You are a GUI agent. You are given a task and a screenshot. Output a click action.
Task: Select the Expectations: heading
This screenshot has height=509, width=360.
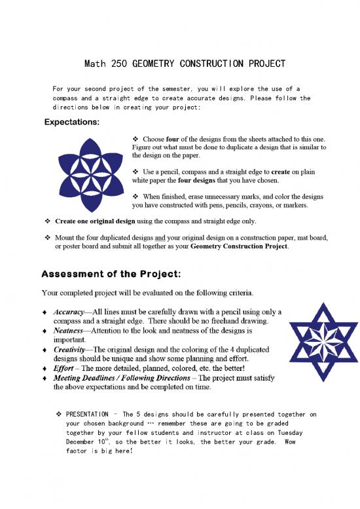72,122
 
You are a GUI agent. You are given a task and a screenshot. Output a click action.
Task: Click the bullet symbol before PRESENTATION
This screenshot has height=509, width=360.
59,414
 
